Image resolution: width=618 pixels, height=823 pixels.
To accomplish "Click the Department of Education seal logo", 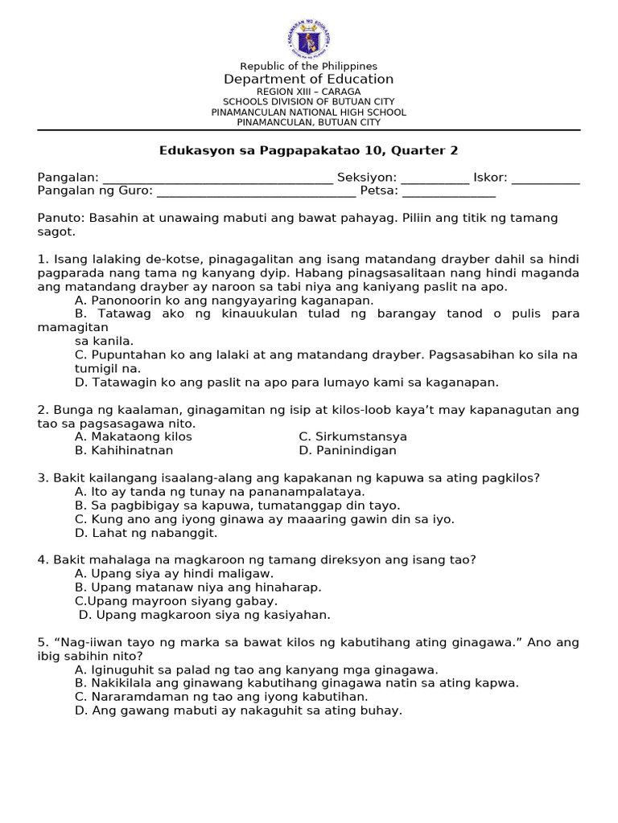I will pyautogui.click(x=309, y=38).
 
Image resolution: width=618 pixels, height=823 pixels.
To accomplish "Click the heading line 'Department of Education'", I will pyautogui.click(x=309, y=79).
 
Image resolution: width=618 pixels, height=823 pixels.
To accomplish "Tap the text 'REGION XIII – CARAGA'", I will pyautogui.click(x=309, y=92).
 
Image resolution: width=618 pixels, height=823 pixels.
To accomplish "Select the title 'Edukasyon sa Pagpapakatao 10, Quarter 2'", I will pyautogui.click(x=309, y=150).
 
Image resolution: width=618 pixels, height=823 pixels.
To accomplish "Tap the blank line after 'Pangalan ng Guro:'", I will pyautogui.click(x=256, y=193).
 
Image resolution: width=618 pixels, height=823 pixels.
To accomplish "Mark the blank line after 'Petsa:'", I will pyautogui.click(x=448, y=193).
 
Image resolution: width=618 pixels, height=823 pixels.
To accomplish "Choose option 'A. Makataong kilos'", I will pyautogui.click(x=134, y=436).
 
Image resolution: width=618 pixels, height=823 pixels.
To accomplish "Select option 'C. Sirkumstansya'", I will pyautogui.click(x=352, y=436).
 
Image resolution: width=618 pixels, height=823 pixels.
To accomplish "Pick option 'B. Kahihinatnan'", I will pyautogui.click(x=124, y=450).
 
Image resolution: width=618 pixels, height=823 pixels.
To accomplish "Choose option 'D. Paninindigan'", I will pyautogui.click(x=348, y=450).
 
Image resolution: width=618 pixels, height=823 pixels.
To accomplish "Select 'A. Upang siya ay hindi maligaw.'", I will pyautogui.click(x=174, y=574).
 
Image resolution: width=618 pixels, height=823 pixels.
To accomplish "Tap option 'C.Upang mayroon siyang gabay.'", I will pyautogui.click(x=176, y=601).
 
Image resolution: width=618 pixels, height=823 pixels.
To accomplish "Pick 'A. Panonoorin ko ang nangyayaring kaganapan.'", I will pyautogui.click(x=224, y=300).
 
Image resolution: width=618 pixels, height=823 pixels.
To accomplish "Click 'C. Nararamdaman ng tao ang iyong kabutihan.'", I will pyautogui.click(x=221, y=697).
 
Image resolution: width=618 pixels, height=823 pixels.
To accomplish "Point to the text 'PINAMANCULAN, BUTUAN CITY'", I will pyautogui.click(x=309, y=122).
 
